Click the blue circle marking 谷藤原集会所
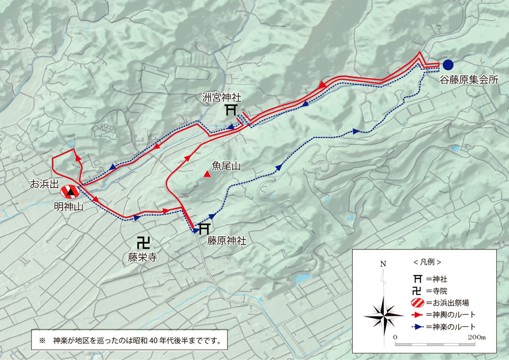click(x=448, y=65)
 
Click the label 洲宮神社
click(x=222, y=96)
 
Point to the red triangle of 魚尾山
click(x=207, y=175)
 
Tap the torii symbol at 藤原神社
click(x=204, y=228)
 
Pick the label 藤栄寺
click(x=142, y=258)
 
